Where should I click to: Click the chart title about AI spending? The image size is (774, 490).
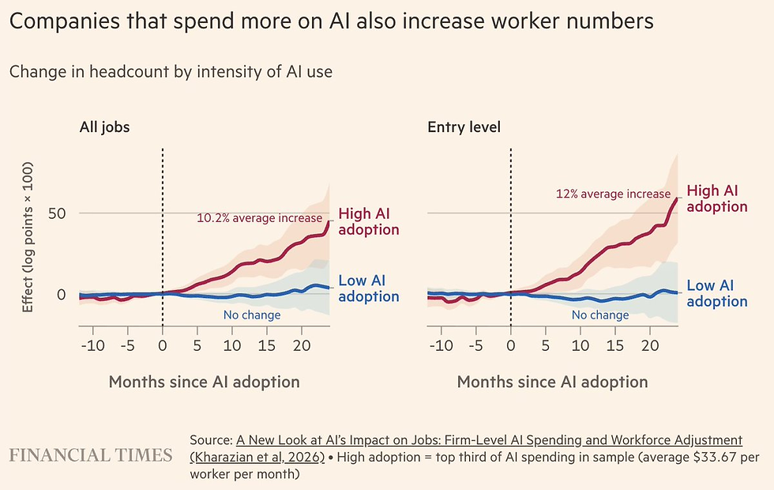point(331,21)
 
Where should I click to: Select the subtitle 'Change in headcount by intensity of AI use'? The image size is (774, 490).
point(171,72)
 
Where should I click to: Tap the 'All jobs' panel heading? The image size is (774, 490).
point(104,127)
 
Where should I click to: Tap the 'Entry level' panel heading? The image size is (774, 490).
point(464,127)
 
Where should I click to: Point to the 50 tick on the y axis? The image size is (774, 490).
point(57,213)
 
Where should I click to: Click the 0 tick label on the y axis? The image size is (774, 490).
point(62,294)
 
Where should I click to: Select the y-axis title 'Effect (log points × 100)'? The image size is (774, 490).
point(28,237)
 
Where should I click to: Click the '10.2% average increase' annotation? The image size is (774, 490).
point(259,218)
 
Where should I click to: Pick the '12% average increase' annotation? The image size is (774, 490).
point(613,194)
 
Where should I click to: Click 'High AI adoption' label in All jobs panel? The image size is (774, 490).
point(369,221)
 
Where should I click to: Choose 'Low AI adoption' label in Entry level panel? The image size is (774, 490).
point(717,293)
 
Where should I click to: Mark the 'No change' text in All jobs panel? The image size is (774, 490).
point(252,315)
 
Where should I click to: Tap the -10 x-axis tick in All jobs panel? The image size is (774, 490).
point(93,345)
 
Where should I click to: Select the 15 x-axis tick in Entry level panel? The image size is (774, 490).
point(615,345)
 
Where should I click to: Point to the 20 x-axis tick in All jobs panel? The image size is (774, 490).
point(302,345)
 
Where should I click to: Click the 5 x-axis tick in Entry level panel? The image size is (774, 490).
point(546,345)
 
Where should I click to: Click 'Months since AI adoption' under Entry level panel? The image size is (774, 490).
point(552,382)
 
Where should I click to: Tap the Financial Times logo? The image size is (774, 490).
point(91,455)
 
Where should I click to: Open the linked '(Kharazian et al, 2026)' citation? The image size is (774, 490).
point(257,457)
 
